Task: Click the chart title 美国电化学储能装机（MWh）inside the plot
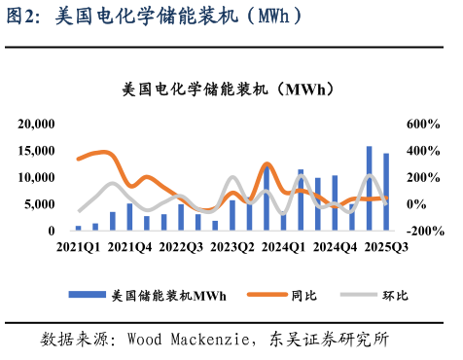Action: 229,89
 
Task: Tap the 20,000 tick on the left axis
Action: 37,124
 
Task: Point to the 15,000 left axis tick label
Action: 37,151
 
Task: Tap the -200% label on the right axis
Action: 425,232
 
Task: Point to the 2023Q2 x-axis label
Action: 231,247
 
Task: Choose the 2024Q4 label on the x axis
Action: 335,247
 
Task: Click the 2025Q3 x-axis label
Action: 385,247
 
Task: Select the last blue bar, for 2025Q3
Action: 386,192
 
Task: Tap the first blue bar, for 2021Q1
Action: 78,228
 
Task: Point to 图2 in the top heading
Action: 19,16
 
